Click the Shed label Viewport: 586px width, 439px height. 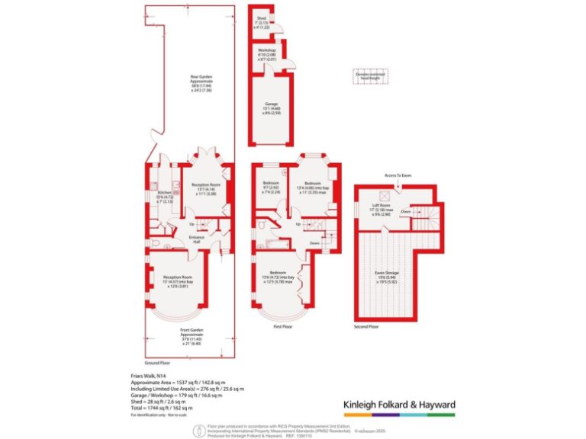click(261, 17)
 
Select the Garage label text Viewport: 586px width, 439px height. click(271, 104)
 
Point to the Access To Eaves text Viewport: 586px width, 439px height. click(398, 175)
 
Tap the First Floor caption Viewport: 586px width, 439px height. click(284, 326)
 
